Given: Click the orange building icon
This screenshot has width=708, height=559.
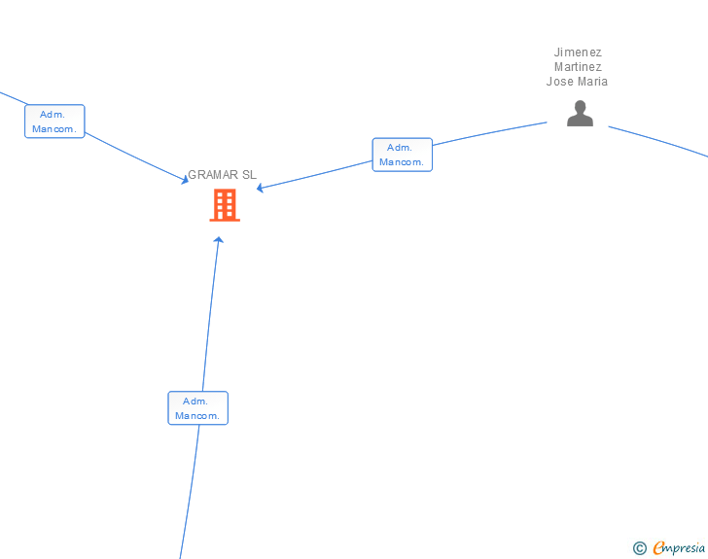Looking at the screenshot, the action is tap(225, 205).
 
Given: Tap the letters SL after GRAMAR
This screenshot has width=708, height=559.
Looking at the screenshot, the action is tap(249, 175).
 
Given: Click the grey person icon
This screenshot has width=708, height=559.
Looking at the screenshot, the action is tap(580, 115).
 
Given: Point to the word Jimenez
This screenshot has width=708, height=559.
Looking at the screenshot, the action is tap(578, 52).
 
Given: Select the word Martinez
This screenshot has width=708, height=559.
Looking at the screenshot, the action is tap(578, 67).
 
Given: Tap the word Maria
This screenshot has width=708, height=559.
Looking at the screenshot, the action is tap(592, 82).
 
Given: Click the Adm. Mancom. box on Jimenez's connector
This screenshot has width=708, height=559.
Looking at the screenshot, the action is tap(402, 155).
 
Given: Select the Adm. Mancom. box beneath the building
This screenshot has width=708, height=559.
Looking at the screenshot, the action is tap(197, 408).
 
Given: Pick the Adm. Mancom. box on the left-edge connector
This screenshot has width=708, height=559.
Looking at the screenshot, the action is tap(54, 122).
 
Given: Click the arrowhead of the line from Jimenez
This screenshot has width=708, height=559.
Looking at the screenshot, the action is tap(261, 188).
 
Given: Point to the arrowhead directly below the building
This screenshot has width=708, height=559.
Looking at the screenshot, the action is tap(218, 240).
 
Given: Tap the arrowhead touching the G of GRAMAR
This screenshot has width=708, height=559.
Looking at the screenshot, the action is tap(184, 179).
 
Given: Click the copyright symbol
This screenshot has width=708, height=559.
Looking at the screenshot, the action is tap(639, 548).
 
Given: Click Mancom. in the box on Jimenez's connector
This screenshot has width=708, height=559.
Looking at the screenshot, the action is tap(402, 162).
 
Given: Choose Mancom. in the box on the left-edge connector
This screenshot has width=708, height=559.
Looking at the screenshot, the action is tap(54, 129).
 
